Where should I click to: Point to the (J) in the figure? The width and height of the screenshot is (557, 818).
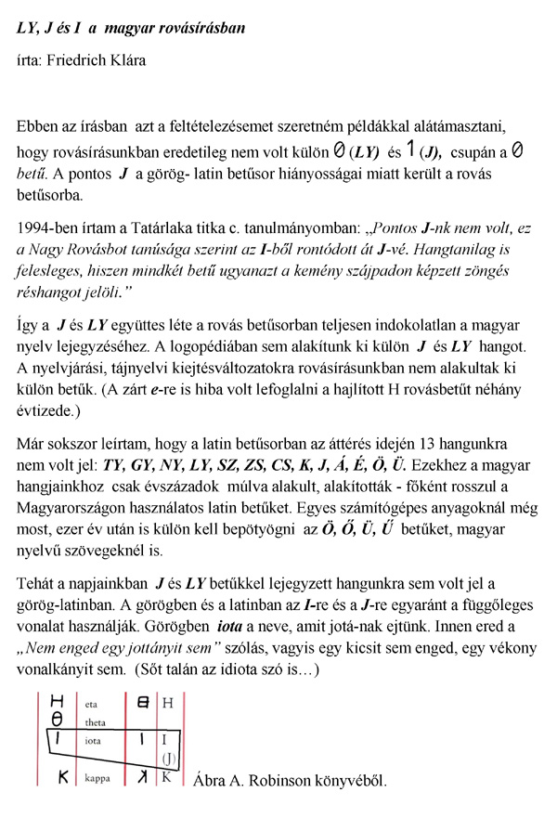169,759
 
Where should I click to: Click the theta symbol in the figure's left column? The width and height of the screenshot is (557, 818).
56,720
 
